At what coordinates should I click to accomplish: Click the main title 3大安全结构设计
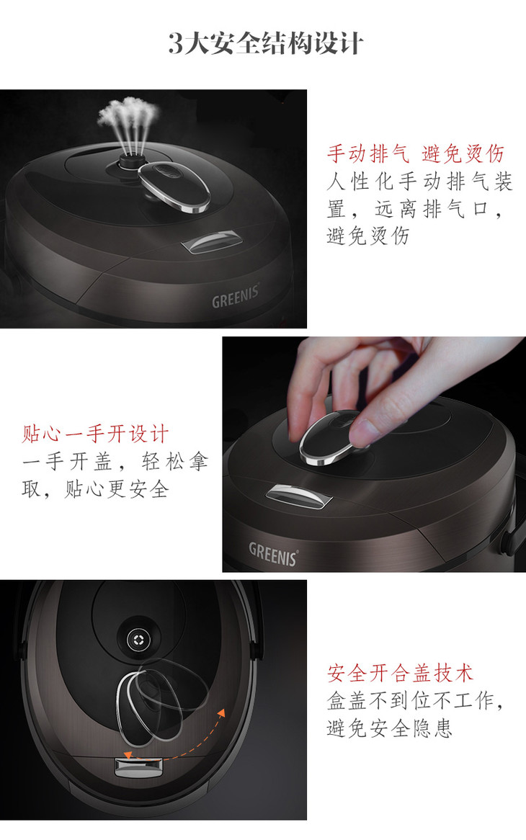[266, 43]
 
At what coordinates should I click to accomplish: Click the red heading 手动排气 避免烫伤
[416, 153]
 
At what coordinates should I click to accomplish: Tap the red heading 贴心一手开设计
[95, 434]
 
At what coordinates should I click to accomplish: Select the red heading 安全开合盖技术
[401, 673]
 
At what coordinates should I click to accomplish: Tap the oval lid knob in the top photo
[174, 187]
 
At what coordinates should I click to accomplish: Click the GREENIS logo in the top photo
[236, 296]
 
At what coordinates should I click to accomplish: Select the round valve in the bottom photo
[138, 639]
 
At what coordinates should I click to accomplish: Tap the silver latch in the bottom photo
[138, 768]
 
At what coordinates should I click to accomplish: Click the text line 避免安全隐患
[390, 728]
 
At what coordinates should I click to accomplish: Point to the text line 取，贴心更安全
[95, 488]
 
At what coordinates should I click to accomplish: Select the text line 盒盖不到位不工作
[411, 700]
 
